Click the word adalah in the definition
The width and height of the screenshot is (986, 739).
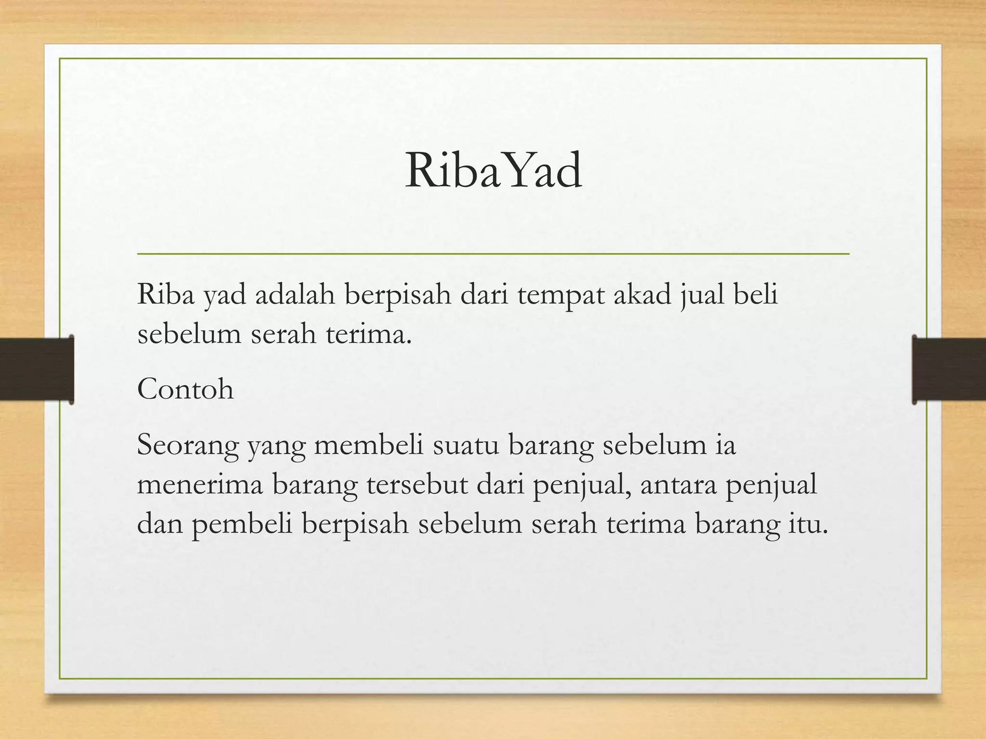pyautogui.click(x=295, y=294)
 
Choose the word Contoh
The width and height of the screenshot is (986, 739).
pyautogui.click(x=185, y=389)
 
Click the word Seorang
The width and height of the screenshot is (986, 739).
pyautogui.click(x=188, y=446)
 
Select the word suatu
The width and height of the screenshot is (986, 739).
pyautogui.click(x=465, y=446)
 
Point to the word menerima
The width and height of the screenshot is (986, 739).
pyautogui.click(x=200, y=484)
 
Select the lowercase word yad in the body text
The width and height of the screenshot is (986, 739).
pyautogui.click(x=224, y=295)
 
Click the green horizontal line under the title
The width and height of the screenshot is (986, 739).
pyautogui.click(x=493, y=254)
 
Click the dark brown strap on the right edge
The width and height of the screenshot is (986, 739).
pyautogui.click(x=949, y=369)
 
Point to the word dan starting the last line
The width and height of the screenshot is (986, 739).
pyautogui.click(x=160, y=523)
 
